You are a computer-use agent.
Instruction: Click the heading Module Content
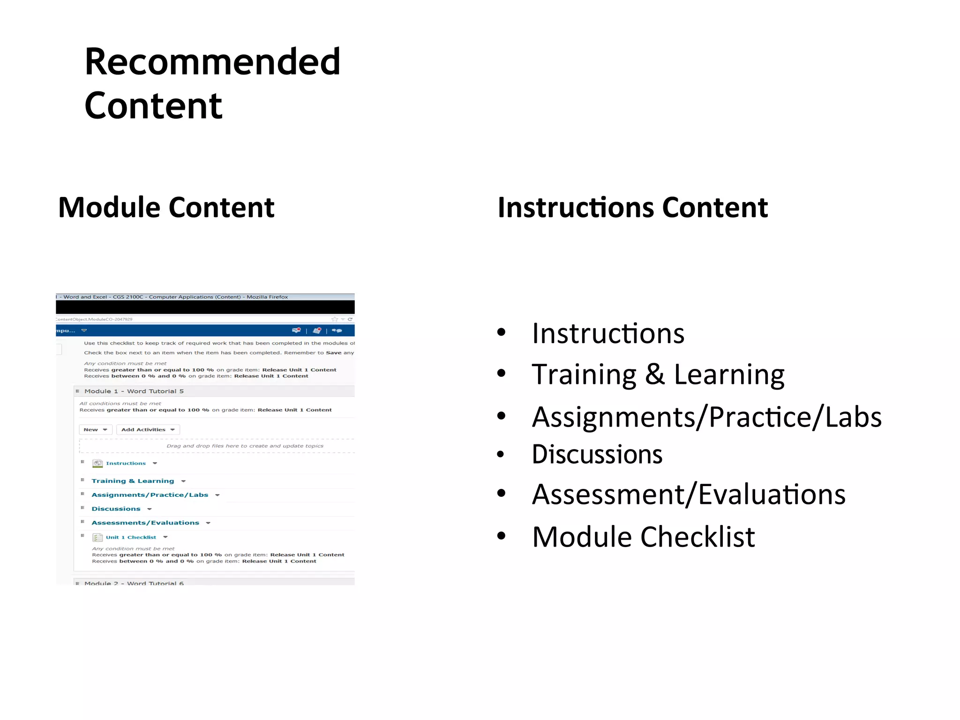[x=166, y=207]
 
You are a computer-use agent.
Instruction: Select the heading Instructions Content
[x=632, y=207]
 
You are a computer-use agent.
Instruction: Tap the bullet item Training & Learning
[x=658, y=375]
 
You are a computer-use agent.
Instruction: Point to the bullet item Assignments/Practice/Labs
[x=706, y=417]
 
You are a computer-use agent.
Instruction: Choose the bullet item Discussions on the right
[x=597, y=454]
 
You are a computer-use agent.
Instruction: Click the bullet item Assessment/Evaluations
[x=688, y=495]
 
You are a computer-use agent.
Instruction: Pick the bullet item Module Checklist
[x=643, y=537]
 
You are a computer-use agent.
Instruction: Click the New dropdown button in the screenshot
[x=95, y=429]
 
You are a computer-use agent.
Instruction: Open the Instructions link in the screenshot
[x=126, y=463]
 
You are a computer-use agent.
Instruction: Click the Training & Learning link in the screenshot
[x=133, y=481]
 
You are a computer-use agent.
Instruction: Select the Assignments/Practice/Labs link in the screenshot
[x=150, y=495]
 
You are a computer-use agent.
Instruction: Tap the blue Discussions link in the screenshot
[x=116, y=509]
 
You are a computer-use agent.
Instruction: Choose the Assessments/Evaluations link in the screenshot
[x=145, y=523]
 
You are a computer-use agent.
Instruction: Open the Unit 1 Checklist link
[x=131, y=537]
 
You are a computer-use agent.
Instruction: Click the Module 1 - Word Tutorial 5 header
[x=134, y=391]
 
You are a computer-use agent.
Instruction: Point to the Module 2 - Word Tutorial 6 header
[x=134, y=583]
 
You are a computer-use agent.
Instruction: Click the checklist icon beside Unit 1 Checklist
[x=97, y=537]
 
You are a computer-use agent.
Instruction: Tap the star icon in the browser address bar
[x=335, y=319]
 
